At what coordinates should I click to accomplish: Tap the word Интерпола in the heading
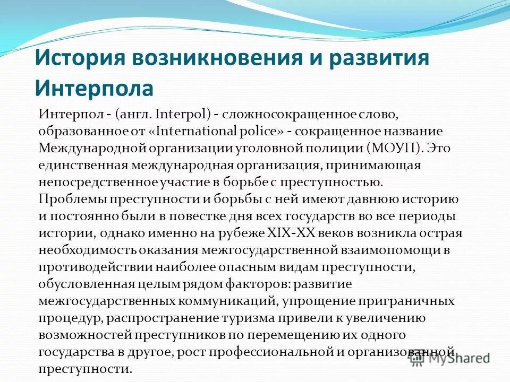click(x=94, y=86)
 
